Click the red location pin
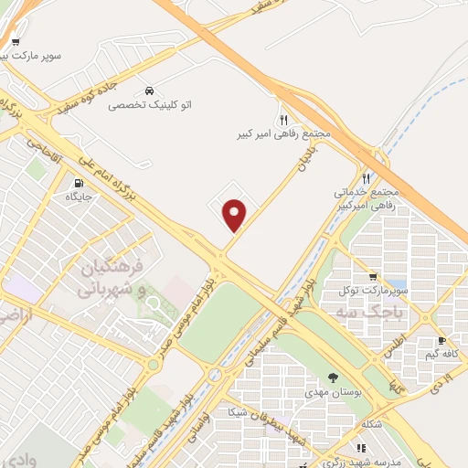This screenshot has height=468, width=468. [236, 215]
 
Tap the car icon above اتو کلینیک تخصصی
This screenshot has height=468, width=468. [148, 91]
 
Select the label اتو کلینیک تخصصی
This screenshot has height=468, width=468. [145, 106]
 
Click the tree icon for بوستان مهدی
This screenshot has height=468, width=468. [332, 378]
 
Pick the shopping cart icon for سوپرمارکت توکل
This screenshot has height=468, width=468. [372, 277]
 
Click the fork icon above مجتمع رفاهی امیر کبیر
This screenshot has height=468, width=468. [283, 120]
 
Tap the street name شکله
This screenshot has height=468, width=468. [371, 423]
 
